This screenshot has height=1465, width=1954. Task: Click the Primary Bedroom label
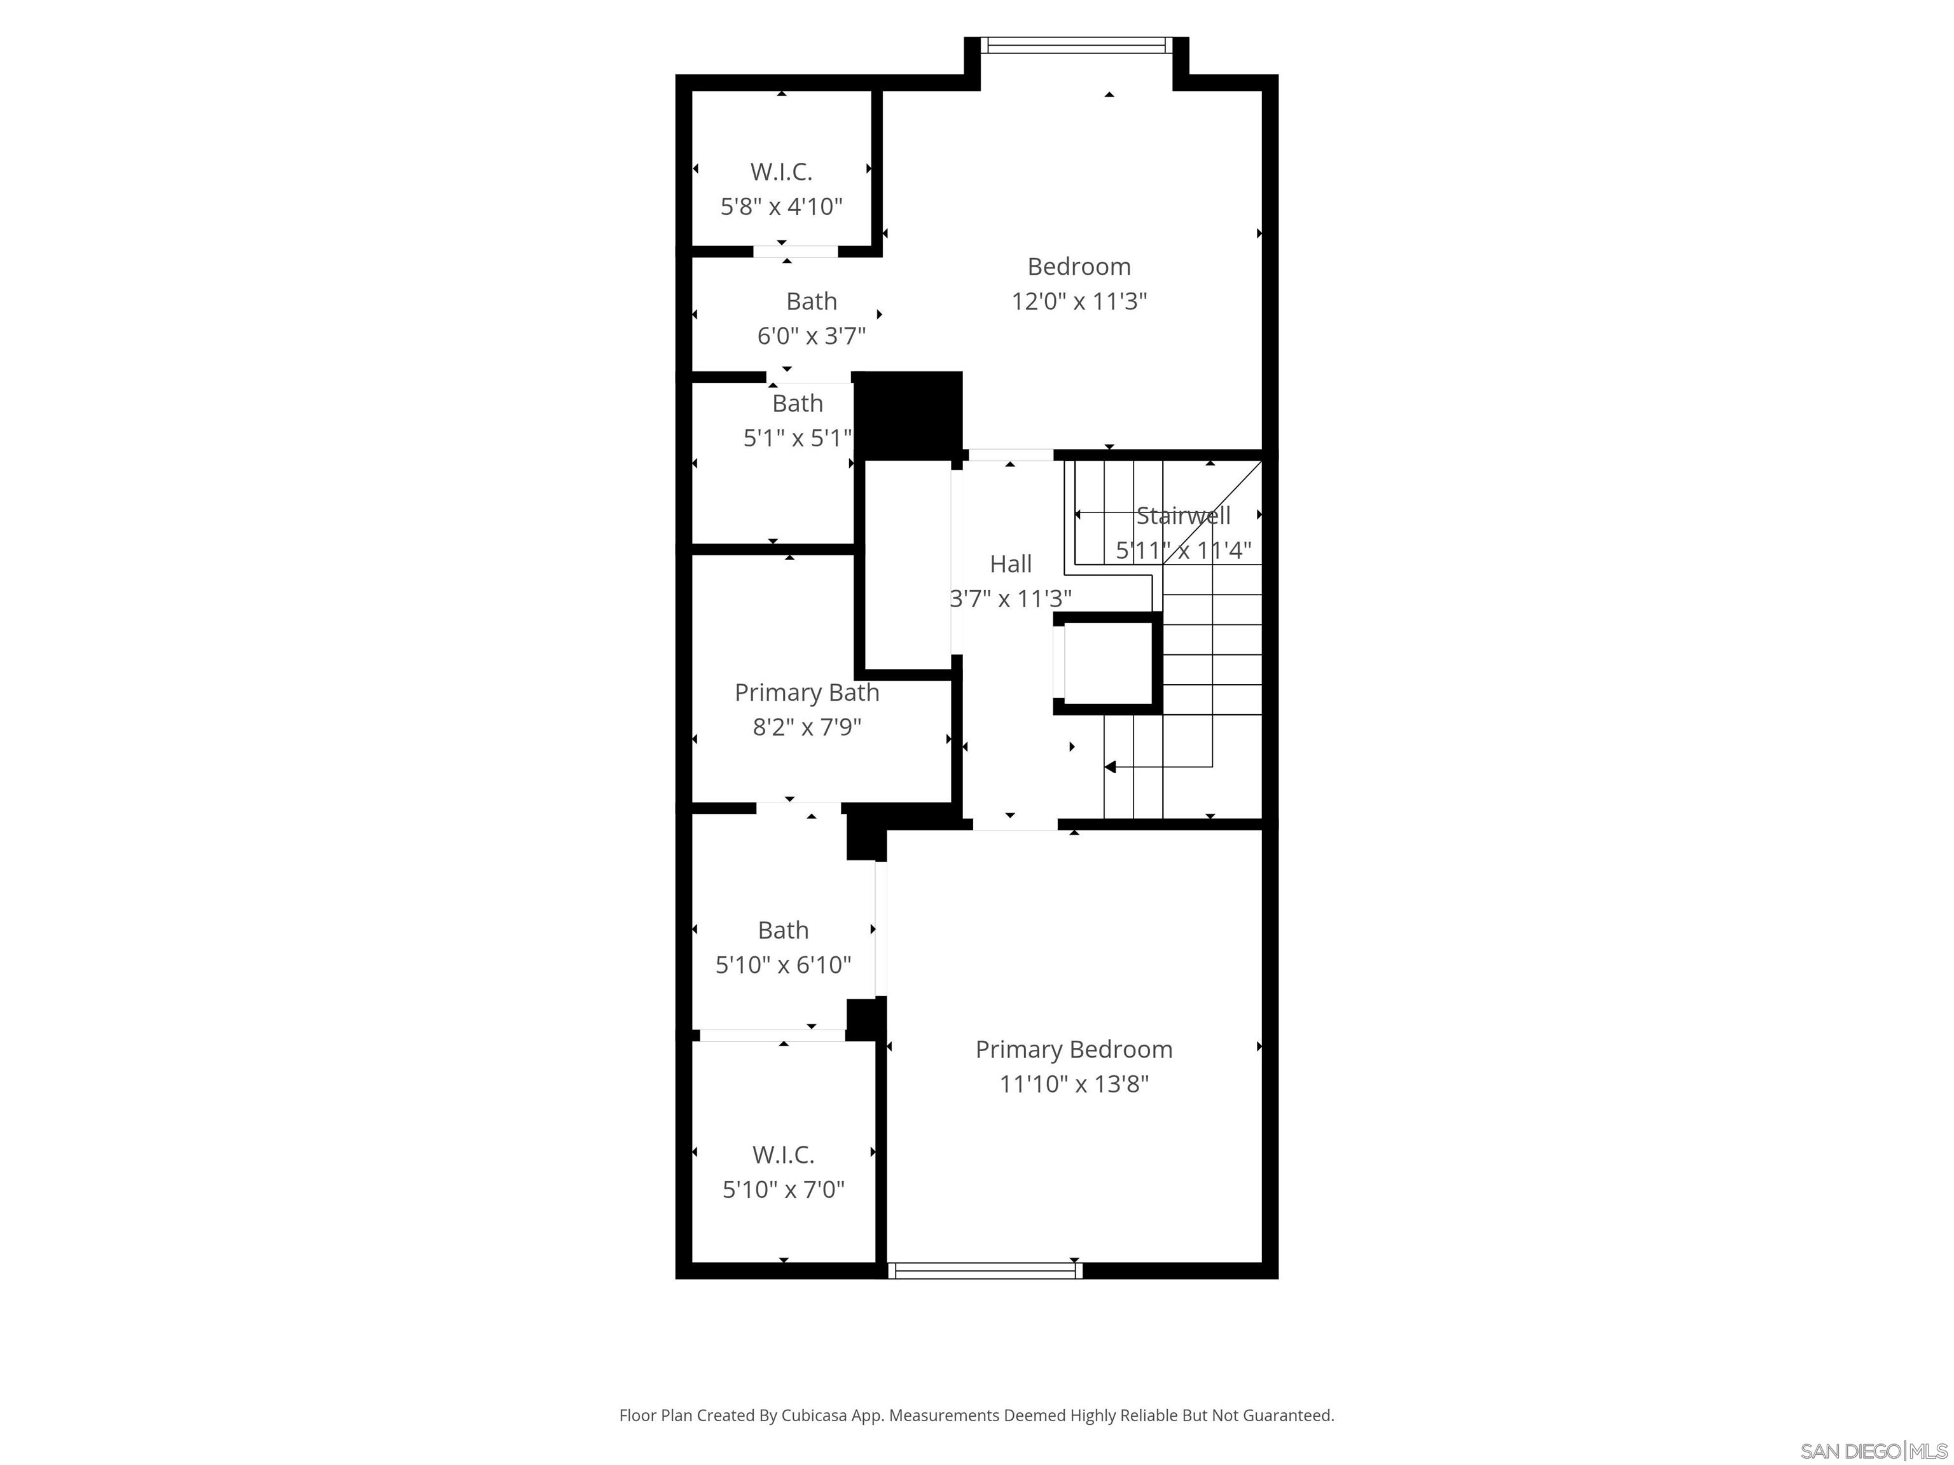pyautogui.click(x=1073, y=1049)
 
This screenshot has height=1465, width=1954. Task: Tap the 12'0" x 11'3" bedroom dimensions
pyautogui.click(x=1079, y=301)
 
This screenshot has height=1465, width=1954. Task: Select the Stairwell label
pyautogui.click(x=1183, y=516)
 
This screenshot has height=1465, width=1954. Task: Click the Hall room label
pyautogui.click(x=1011, y=563)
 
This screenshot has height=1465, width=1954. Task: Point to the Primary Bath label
pyautogui.click(x=807, y=692)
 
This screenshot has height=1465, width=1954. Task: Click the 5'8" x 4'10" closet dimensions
pyautogui.click(x=781, y=207)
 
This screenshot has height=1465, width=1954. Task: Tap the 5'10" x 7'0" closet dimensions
pyautogui.click(x=782, y=1190)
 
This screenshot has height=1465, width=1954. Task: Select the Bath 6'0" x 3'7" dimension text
pyautogui.click(x=811, y=336)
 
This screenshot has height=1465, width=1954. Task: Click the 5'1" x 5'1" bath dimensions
pyautogui.click(x=797, y=438)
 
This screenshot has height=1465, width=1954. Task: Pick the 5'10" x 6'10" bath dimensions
pyautogui.click(x=782, y=965)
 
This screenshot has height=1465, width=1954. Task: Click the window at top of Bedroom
pyautogui.click(x=1076, y=45)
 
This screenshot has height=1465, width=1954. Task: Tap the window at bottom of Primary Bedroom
pyautogui.click(x=985, y=1270)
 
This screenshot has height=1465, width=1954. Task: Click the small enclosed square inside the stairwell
pyautogui.click(x=1109, y=663)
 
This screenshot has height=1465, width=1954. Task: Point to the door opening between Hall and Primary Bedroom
pyautogui.click(x=1015, y=825)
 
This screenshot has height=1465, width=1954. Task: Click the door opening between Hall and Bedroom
pyautogui.click(x=1011, y=455)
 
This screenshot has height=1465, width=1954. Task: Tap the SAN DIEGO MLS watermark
pyautogui.click(x=1873, y=1451)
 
